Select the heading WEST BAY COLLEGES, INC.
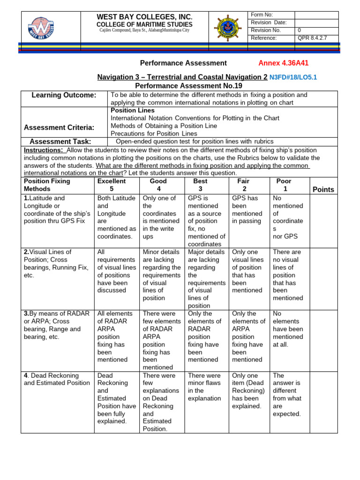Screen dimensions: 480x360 [x=144, y=17]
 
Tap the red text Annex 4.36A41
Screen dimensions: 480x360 [x=284, y=63]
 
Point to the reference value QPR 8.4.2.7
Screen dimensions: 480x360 [x=313, y=38]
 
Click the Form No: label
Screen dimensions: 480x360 [x=262, y=15]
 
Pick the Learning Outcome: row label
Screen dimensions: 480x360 [x=64, y=95]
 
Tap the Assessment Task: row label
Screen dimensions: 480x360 [x=60, y=142]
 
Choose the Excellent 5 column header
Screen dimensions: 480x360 [x=111, y=185]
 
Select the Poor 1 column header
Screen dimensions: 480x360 [x=284, y=185]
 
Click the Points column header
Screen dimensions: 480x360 [x=323, y=189]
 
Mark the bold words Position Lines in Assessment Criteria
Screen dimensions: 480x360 [x=132, y=111]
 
